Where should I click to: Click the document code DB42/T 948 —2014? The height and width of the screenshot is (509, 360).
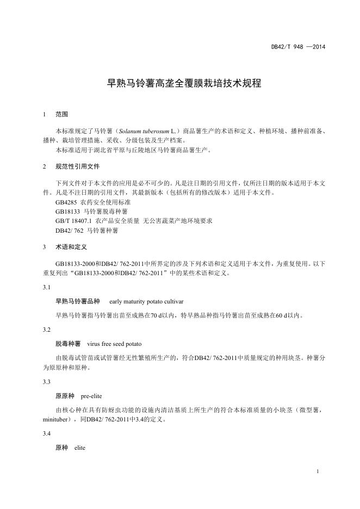(298, 47)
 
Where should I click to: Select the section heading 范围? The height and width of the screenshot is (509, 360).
(62, 115)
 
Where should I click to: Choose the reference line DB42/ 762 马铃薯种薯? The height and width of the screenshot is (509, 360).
(86, 231)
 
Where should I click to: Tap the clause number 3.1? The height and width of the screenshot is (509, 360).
(47, 287)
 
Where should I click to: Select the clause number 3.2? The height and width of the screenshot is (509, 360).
(47, 330)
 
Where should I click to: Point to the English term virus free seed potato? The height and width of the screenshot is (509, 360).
(115, 344)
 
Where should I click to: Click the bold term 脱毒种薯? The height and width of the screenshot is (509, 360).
(68, 344)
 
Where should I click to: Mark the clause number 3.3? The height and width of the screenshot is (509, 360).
(47, 382)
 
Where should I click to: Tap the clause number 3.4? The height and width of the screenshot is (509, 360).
(47, 433)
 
